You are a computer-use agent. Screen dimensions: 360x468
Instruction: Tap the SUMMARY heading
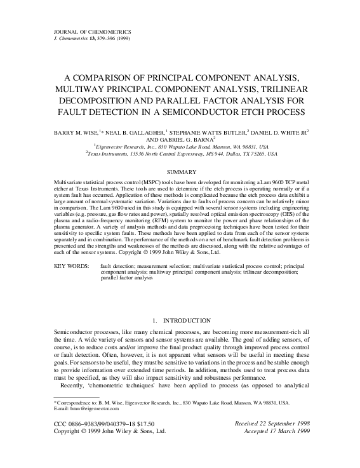(180, 171)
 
